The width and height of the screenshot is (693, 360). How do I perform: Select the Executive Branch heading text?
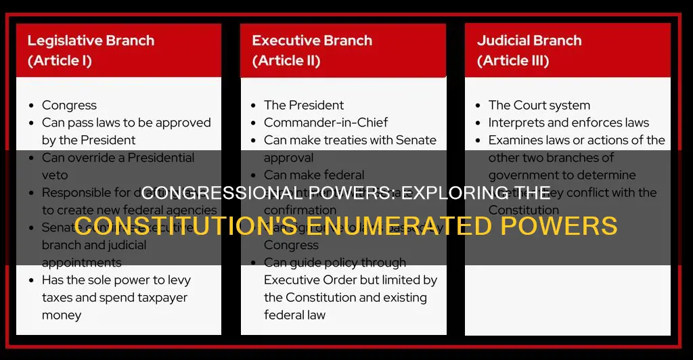312,40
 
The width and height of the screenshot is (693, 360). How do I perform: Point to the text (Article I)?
60,61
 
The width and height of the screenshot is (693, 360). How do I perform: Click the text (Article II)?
286,61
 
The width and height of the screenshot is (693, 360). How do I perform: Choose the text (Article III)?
513,61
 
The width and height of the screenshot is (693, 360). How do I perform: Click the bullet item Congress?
69,105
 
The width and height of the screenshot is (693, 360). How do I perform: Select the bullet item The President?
304,105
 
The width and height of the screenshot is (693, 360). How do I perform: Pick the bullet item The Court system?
539,105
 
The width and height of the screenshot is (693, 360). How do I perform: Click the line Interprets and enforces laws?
568,122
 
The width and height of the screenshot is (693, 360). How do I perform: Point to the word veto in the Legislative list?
55,175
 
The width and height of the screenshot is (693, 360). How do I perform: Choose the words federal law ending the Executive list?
294,315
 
